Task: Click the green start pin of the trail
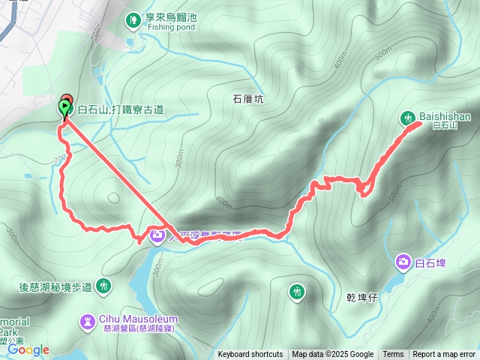[x=64, y=109]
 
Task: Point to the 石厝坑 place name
[x=248, y=98]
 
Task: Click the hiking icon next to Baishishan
[x=408, y=117]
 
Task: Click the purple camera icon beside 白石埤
[x=403, y=262]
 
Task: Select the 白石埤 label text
[x=430, y=262]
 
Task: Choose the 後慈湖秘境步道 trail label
[x=55, y=286]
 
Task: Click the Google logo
[x=28, y=349]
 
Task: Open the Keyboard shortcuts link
[x=250, y=355]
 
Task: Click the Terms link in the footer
[x=393, y=355]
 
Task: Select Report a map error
[x=444, y=355]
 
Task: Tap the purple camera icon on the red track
[x=157, y=236]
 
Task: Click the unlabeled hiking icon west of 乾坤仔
[x=298, y=291]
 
